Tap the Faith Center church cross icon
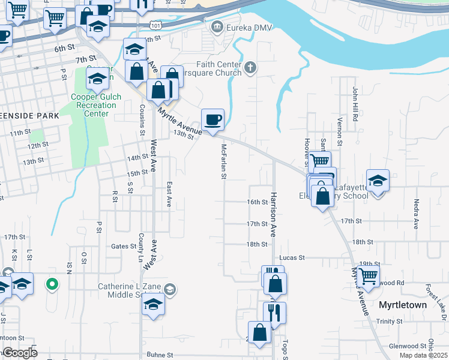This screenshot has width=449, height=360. [x=251, y=69]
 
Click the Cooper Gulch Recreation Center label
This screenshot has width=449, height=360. [x=96, y=105]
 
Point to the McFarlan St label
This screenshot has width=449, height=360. [x=223, y=161]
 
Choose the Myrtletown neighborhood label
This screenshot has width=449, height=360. [x=403, y=305]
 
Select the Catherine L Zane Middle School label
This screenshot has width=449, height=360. [x=132, y=291]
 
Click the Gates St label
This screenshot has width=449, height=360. [x=124, y=246]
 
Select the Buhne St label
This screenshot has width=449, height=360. [x=160, y=355]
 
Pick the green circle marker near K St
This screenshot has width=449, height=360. [x=52, y=283]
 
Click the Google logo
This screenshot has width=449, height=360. [x=20, y=353]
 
